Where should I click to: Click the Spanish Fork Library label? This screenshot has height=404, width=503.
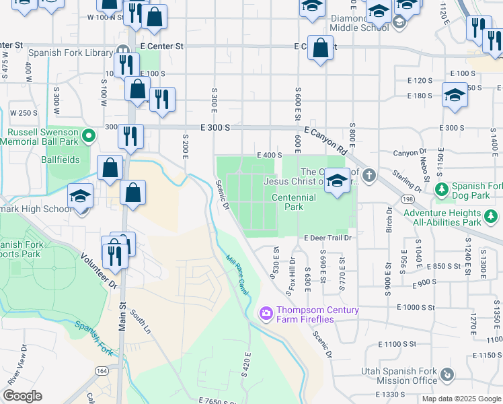coord(70,52)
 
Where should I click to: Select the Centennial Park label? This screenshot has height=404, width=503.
coord(293,202)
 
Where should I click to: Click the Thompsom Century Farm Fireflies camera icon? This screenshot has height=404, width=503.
coord(266,313)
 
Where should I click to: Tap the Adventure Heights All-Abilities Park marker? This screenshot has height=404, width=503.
coord(492,217)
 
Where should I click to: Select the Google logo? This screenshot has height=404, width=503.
coord(22,396)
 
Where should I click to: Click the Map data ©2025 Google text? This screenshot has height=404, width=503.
coord(461,399)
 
